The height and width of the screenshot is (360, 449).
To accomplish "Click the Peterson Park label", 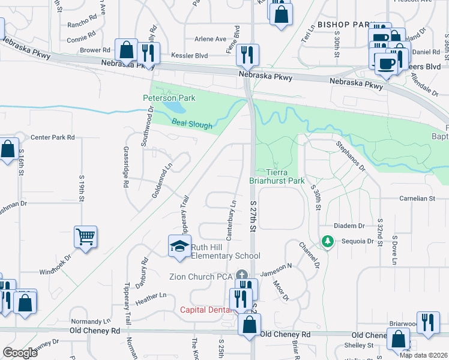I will (x=169, y=98).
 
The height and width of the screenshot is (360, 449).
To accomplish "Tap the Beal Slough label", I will (x=192, y=124).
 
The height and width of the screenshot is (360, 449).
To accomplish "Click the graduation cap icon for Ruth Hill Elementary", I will (x=179, y=247).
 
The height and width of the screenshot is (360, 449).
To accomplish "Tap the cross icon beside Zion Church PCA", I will (x=243, y=275).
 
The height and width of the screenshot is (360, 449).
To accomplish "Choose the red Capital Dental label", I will (x=206, y=310).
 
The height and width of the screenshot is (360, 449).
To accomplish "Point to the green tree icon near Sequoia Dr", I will (x=327, y=241).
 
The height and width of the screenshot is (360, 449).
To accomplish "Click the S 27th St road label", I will (x=253, y=217).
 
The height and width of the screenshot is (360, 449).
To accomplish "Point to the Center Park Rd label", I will (x=52, y=137).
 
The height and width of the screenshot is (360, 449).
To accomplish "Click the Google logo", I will (x=20, y=353).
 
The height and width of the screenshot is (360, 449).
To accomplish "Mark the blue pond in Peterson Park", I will (x=175, y=107).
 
